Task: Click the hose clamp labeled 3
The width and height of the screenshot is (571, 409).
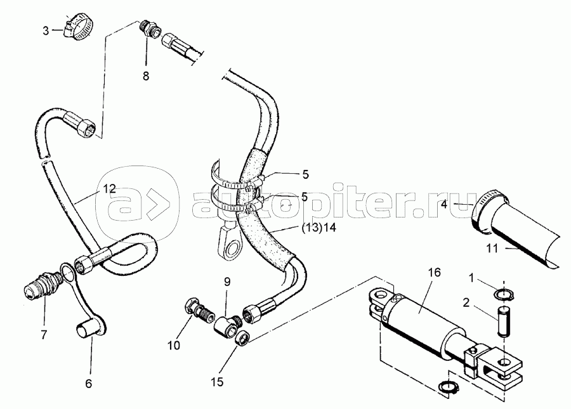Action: [x=79, y=27]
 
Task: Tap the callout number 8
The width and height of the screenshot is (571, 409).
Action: [x=146, y=76]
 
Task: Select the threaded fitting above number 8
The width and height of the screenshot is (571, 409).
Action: [x=149, y=29]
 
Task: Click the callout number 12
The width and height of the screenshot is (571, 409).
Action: [x=109, y=188]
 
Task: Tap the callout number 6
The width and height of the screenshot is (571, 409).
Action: [x=88, y=384]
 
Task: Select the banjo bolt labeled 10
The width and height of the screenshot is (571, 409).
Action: [x=200, y=310]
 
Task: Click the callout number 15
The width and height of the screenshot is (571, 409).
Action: [x=217, y=382]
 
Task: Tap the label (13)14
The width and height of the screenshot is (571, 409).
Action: [x=319, y=228]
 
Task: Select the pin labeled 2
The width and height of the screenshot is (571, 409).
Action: [x=504, y=321]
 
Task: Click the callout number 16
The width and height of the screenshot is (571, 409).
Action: [x=434, y=272]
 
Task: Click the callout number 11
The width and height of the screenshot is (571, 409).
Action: [x=492, y=249]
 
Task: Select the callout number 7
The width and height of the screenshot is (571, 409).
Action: [x=44, y=335]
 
